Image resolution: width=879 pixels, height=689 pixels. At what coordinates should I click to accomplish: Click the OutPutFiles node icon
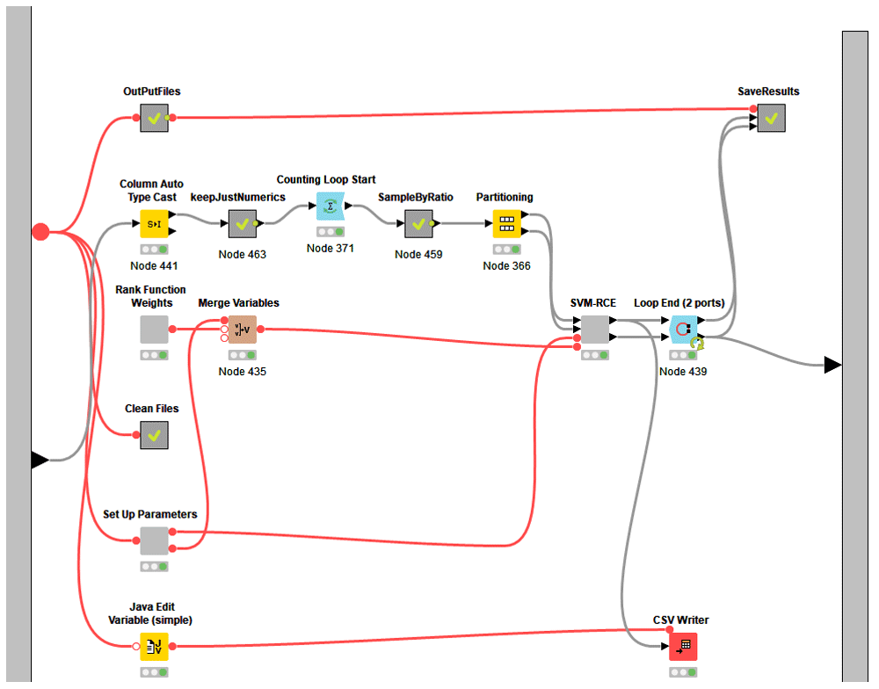click(154, 118)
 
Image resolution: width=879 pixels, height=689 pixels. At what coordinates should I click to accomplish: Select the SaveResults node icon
click(771, 118)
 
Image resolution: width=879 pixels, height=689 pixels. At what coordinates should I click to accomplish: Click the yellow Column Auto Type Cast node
click(154, 224)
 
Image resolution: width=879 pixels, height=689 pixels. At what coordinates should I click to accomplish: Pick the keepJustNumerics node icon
click(243, 224)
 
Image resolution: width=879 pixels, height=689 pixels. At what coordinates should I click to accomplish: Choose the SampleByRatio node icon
click(418, 224)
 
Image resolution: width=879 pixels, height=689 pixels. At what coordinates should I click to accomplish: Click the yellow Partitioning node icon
click(506, 224)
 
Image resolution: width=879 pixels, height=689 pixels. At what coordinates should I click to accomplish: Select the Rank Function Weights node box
click(154, 330)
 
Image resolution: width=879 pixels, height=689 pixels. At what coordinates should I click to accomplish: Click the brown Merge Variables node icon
click(242, 330)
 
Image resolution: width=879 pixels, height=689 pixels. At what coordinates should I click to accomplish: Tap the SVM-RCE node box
click(595, 330)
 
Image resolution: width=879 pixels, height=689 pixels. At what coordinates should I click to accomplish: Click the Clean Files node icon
click(154, 435)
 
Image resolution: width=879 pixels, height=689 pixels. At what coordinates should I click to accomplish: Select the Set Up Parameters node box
click(154, 540)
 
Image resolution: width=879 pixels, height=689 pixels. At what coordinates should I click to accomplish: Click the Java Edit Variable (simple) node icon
click(154, 647)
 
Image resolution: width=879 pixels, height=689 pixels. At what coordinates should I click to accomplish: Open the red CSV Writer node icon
click(683, 647)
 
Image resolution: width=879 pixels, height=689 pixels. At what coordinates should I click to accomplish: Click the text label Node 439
click(683, 372)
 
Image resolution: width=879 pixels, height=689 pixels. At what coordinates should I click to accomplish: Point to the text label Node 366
click(507, 265)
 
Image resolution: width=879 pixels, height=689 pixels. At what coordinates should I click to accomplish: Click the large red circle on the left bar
click(40, 232)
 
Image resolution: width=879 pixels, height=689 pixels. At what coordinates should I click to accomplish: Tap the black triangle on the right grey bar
click(832, 365)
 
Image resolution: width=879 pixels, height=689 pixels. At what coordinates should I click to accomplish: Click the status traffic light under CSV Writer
click(683, 672)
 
